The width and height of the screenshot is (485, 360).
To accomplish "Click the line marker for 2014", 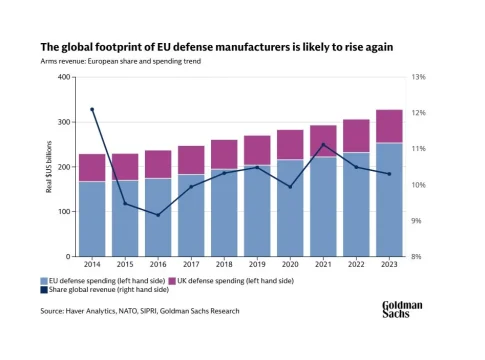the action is (92, 109).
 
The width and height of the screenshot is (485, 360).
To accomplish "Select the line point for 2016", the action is (158, 215).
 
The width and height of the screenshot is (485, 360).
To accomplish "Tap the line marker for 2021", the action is (323, 145).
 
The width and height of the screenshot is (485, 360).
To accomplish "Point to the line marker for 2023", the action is (389, 174).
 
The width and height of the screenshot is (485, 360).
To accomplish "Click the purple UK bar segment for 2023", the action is (389, 126).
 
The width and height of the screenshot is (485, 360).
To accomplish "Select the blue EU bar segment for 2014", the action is (92, 219).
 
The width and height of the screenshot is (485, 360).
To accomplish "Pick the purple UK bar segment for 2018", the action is (224, 155).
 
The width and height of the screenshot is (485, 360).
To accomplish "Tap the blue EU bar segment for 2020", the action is (290, 208).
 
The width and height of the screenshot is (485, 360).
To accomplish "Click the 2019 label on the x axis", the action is (257, 264).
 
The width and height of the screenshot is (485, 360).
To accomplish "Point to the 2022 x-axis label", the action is (356, 264).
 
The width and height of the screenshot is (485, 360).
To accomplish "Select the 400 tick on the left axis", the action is (64, 77).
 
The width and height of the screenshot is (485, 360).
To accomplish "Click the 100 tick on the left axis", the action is (64, 212).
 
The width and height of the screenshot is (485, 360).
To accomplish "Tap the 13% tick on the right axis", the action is (419, 77).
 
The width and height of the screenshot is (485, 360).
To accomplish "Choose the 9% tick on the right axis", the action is (417, 221).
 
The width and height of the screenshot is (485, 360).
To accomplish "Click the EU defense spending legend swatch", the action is (44, 281).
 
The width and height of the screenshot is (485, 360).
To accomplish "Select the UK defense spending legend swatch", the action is (172, 281).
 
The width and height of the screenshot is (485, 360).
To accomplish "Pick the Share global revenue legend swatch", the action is (44, 290).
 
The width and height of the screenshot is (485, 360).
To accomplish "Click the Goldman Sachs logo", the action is (402, 309).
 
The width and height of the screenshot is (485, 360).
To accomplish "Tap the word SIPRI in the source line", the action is (148, 311).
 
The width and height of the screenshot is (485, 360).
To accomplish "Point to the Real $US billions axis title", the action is (49, 167).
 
